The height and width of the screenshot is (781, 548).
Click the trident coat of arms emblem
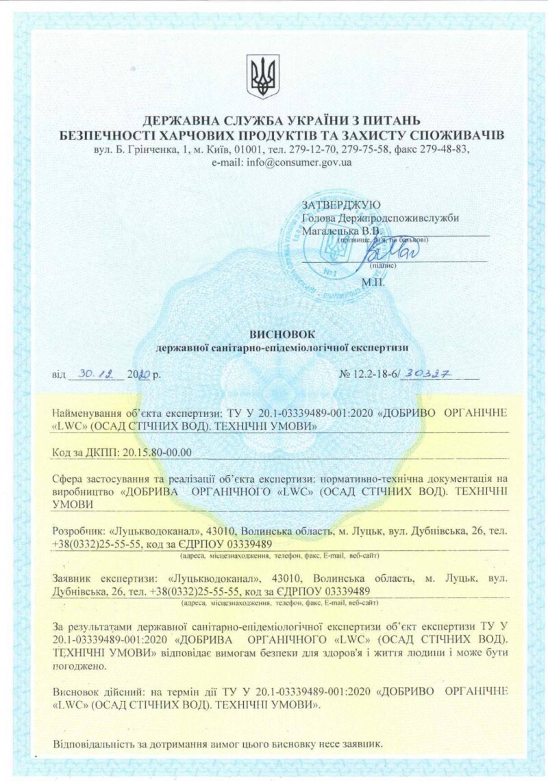[x=263, y=77]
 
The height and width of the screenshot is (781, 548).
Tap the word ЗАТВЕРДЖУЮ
[x=341, y=205]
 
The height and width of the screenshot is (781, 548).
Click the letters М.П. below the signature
[x=373, y=281]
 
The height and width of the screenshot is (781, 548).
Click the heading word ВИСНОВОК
[x=282, y=334]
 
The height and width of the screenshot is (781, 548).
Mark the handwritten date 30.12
[x=95, y=374]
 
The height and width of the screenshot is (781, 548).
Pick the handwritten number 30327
[x=430, y=374]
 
